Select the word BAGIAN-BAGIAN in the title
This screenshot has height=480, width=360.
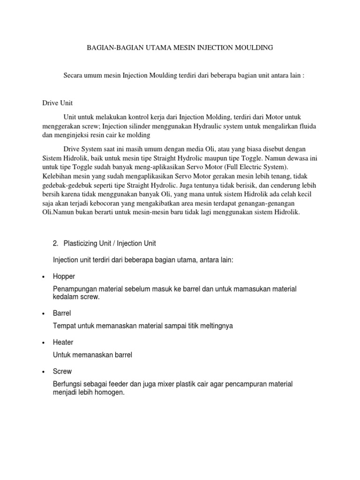(108, 48)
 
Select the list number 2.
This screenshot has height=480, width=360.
(55, 243)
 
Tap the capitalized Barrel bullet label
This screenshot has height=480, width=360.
(62, 313)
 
